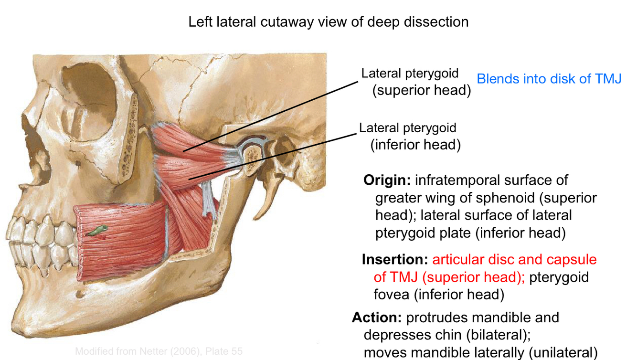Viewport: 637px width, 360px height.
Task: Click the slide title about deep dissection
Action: [328, 21]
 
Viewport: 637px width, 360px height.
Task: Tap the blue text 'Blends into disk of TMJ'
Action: [549, 79]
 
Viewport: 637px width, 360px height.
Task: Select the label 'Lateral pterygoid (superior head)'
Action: [415, 82]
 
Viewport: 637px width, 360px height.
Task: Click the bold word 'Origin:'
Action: [387, 180]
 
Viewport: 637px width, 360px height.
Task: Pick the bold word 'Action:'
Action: [377, 318]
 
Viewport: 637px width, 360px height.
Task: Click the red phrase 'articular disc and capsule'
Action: [514, 259]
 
